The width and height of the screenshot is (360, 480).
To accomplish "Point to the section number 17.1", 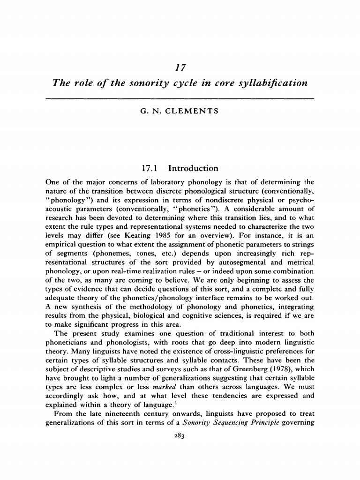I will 150,168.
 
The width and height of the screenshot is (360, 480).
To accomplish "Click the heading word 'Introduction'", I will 193,168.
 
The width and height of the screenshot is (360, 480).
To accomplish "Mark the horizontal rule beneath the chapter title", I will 180,98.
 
